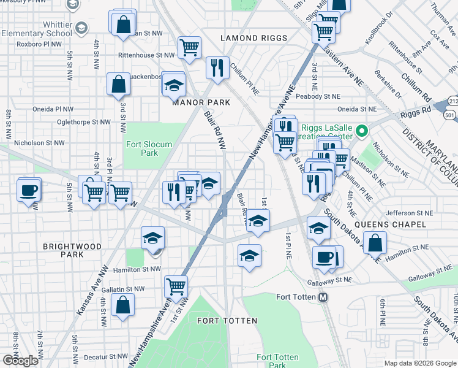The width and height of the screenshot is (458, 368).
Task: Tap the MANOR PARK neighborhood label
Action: coord(201,102)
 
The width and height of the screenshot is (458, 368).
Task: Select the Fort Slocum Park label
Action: coord(149,149)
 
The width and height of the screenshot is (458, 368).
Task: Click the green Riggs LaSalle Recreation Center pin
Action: coord(361,131)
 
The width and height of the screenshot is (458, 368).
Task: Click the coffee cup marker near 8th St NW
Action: coord(29,190)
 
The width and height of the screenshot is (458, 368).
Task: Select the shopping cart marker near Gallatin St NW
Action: coord(176,285)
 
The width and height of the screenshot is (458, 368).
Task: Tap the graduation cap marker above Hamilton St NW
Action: coord(152,238)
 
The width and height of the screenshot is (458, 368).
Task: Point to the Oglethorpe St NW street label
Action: coord(80,122)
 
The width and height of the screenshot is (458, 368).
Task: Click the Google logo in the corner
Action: coord(20,361)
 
